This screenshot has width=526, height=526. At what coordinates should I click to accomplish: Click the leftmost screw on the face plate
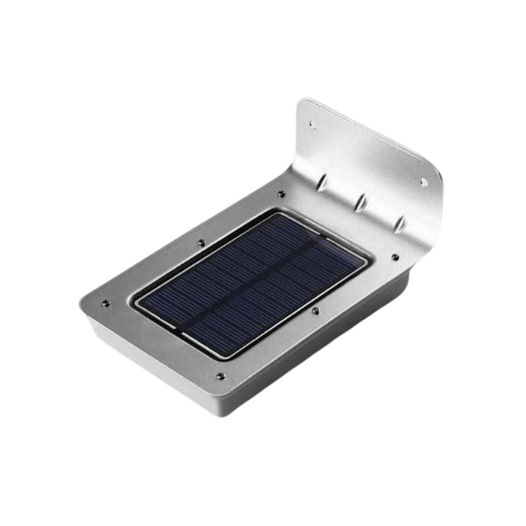point(106,302)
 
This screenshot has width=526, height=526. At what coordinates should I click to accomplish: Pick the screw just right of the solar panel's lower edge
point(314,310)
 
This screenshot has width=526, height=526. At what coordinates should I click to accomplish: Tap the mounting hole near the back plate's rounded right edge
point(423,181)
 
